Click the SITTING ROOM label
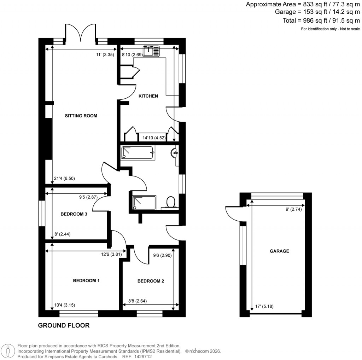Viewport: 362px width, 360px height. pyautogui.click(x=81, y=116)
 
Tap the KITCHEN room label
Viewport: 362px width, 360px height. pyautogui.click(x=148, y=96)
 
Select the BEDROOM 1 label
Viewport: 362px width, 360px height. pyautogui.click(x=86, y=281)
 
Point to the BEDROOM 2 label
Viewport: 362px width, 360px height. pyautogui.click(x=151, y=281)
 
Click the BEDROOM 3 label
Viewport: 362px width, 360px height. pyautogui.click(x=74, y=214)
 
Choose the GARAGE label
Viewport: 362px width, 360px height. pyautogui.click(x=279, y=251)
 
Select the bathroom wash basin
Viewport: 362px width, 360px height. pyautogui.click(x=175, y=153)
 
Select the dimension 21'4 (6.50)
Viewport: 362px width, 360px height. pyautogui.click(x=65, y=179)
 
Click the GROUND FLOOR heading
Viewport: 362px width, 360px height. pyautogui.click(x=64, y=325)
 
